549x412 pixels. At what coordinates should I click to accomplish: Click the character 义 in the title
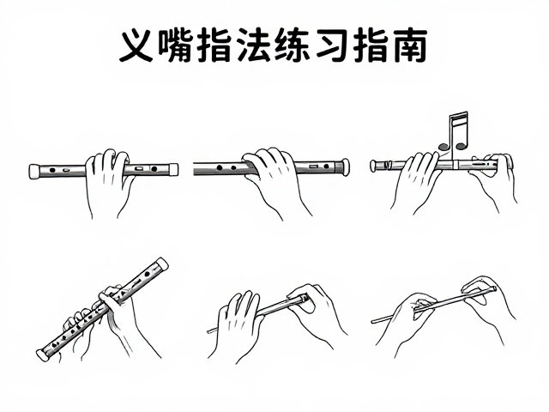coord(136,46)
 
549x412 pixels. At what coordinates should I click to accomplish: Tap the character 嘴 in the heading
coord(174,46)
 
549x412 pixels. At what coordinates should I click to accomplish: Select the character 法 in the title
coord(254,46)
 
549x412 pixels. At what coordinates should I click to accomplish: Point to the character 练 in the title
coord(293,46)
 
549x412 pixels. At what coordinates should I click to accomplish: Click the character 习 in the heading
coord(332,46)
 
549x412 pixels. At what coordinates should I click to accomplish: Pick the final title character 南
coord(410,46)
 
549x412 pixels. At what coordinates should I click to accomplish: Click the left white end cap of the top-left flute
coord(34,172)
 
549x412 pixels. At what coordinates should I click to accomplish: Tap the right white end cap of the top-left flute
coord(173,170)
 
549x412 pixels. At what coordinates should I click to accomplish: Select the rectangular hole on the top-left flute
coord(139,168)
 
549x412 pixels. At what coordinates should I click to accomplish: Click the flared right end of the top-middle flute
coord(344,167)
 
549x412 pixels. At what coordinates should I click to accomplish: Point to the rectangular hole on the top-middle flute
coord(313,165)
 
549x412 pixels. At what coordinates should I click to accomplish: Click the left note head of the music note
coord(443,147)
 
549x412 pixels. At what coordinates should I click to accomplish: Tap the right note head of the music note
coord(462,145)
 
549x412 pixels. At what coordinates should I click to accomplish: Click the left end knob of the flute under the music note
coord(373,166)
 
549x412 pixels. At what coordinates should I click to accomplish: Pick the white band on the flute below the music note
coord(455,165)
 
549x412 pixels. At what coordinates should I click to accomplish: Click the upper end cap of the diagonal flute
coord(162,264)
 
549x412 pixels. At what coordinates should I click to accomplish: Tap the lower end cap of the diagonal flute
coord(43,354)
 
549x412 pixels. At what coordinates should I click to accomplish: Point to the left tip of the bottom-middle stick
coord(208,330)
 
